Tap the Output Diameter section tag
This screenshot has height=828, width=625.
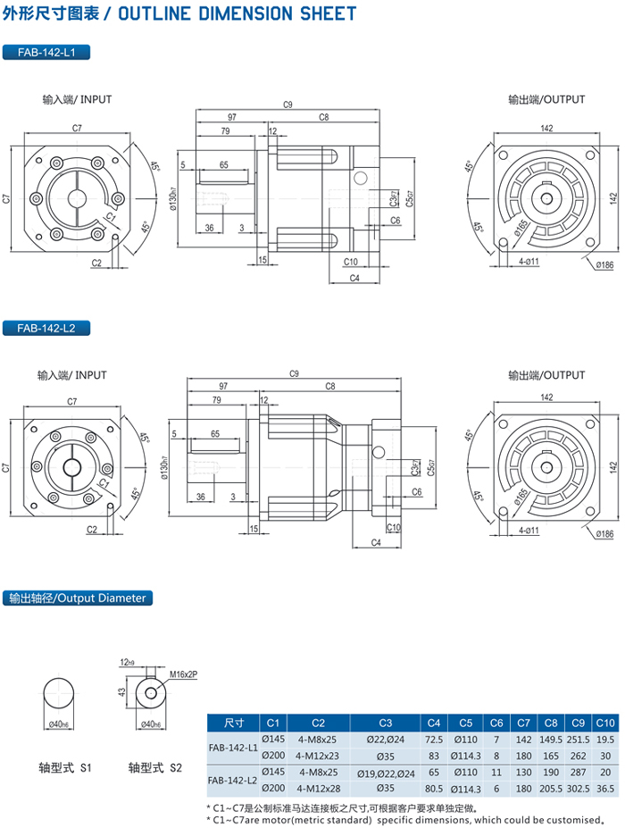[75, 598]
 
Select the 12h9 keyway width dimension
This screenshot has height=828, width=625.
[127, 663]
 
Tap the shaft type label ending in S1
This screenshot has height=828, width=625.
[64, 766]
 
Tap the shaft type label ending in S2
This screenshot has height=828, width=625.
[154, 766]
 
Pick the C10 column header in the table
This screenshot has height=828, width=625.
[605, 722]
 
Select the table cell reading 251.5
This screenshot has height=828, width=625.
[579, 739]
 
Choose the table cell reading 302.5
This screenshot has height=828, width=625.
[579, 788]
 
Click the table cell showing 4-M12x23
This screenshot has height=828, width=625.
[318, 755]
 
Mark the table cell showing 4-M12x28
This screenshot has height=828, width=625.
[318, 788]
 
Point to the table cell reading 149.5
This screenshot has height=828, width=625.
[551, 739]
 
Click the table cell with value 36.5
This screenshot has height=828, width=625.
[605, 788]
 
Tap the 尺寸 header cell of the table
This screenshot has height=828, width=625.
[234, 722]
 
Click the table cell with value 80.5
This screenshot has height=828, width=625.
[434, 788]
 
